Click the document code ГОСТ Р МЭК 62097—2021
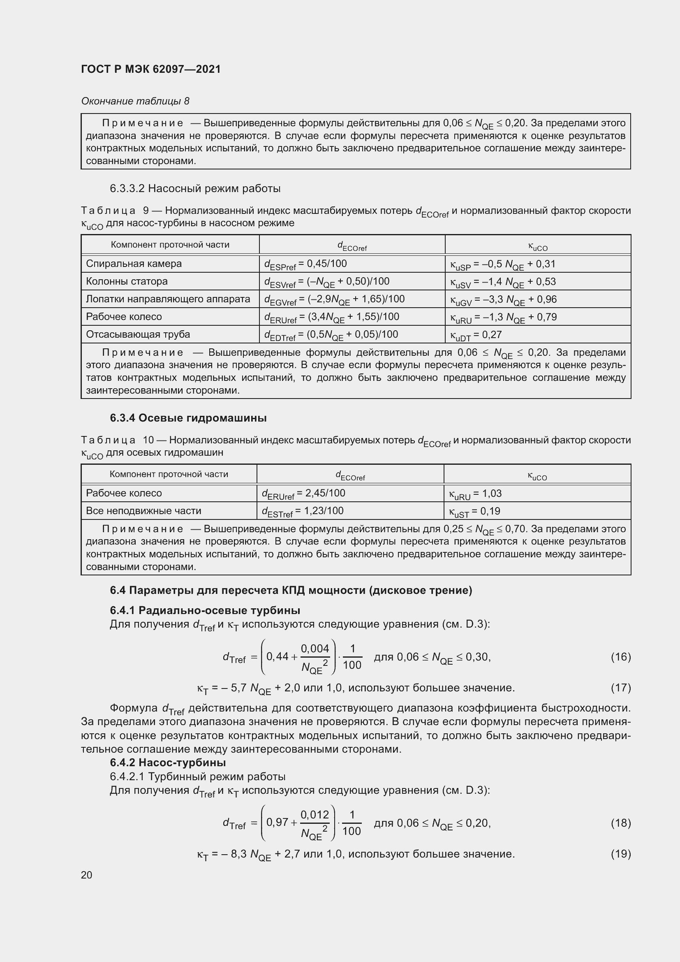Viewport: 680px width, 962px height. click(x=151, y=69)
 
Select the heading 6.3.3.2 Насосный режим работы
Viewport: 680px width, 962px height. click(x=195, y=188)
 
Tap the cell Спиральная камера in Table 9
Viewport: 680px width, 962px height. click(x=134, y=264)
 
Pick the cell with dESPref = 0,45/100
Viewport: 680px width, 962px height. click(x=305, y=264)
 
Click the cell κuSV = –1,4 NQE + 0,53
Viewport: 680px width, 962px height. click(x=502, y=282)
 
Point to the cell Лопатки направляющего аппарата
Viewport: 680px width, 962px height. click(x=168, y=299)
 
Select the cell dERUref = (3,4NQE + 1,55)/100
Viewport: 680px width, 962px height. click(x=331, y=317)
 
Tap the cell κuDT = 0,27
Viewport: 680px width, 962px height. click(x=476, y=335)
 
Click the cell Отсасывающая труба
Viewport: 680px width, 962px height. click(x=138, y=334)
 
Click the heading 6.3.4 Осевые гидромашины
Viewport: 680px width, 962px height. click(x=188, y=418)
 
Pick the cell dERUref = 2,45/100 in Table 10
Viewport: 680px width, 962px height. click(x=303, y=494)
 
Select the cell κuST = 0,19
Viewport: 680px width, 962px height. click(x=474, y=511)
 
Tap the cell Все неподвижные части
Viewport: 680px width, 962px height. click(x=143, y=511)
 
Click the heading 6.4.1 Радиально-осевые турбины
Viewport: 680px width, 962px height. click(x=205, y=610)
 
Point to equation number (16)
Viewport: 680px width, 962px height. click(x=620, y=656)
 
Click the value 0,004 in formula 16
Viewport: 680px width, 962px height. click(x=315, y=649)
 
